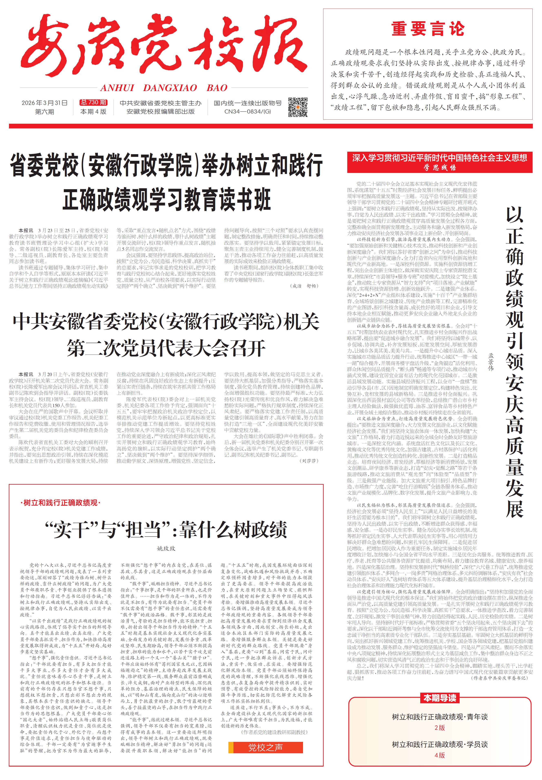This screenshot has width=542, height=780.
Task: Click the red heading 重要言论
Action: tap(428, 29)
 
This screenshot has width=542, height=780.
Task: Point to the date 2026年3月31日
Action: tap(44, 103)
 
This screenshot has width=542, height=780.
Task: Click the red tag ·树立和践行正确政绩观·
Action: tap(61, 503)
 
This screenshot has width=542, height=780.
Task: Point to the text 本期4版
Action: tap(93, 111)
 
